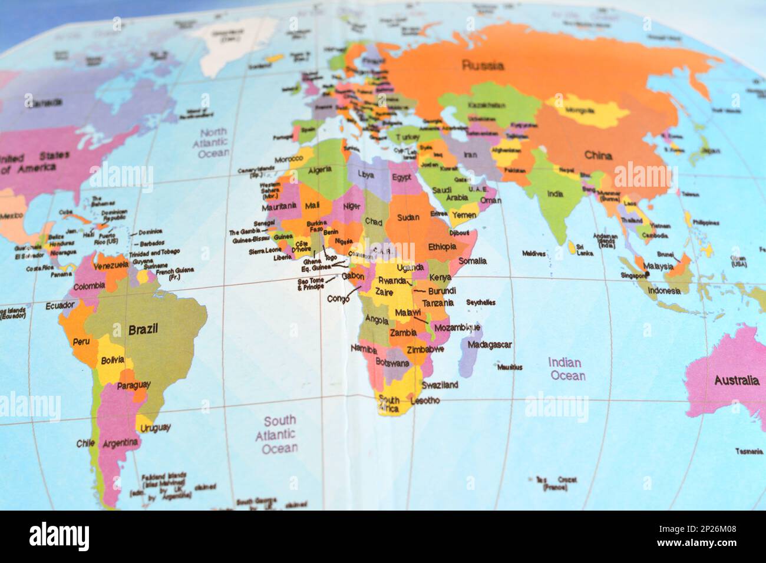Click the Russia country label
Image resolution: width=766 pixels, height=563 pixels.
(483, 65)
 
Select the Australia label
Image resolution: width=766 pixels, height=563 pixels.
(737, 380)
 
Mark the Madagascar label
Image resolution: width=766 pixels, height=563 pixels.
(490, 345)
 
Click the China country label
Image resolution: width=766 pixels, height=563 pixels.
(598, 155)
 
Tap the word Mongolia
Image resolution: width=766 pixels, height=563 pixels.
(580, 110)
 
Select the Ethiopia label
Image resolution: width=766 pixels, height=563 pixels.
(443, 246)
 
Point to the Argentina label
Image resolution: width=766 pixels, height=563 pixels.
(120, 442)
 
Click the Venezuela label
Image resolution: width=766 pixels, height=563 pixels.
(111, 265)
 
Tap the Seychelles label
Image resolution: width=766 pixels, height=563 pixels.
(480, 303)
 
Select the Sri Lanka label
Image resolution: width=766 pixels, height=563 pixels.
(585, 250)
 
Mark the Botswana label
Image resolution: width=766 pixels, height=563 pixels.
(392, 363)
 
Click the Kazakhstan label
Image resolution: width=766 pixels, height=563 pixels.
(486, 105)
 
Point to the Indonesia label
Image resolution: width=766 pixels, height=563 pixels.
(664, 291)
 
